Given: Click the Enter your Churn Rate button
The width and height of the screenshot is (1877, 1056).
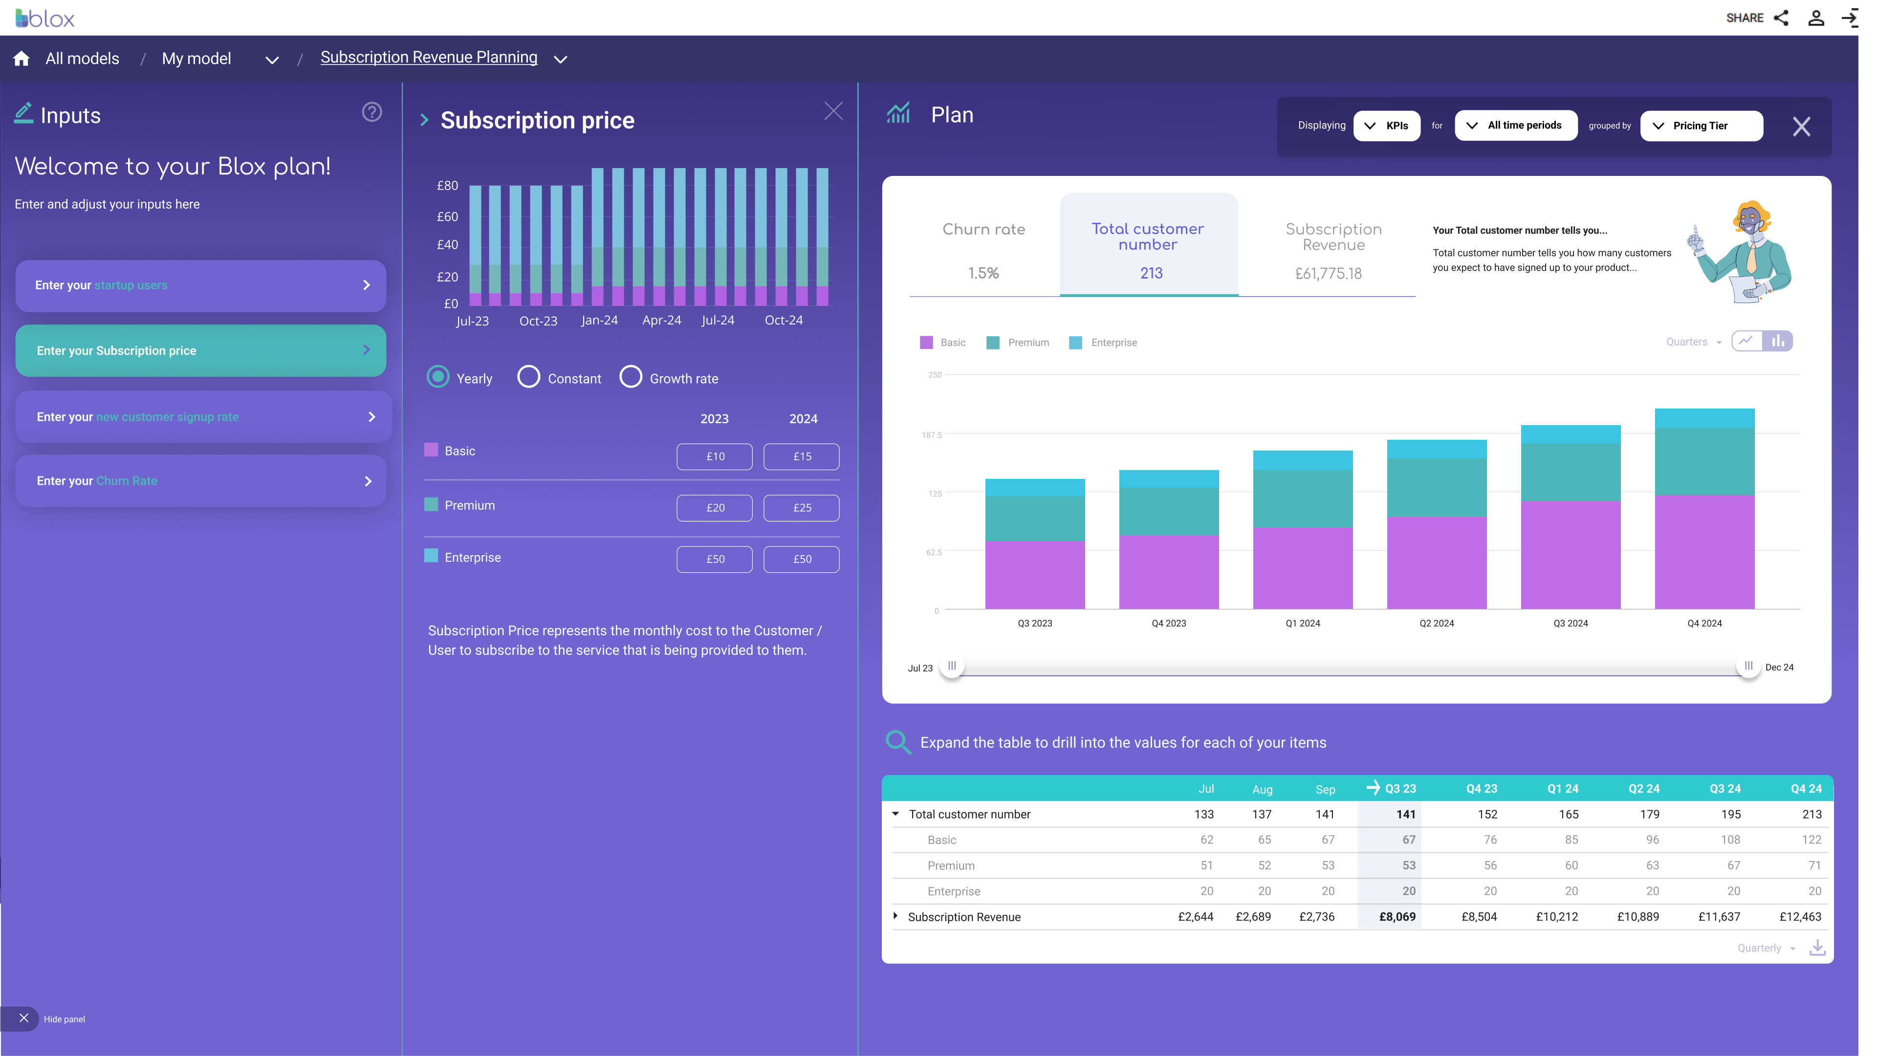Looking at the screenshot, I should [x=200, y=481].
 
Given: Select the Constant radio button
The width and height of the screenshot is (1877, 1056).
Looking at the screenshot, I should [x=529, y=377].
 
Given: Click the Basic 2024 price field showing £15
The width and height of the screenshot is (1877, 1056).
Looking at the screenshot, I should [x=802, y=456].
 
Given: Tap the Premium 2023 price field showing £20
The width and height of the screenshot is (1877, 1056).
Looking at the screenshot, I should [x=714, y=508].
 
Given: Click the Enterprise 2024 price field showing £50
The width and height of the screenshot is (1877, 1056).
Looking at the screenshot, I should [x=802, y=560].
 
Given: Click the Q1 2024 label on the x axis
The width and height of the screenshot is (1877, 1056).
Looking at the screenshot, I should [x=1302, y=624].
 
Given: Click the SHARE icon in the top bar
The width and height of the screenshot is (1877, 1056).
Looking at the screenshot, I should [x=1781, y=18].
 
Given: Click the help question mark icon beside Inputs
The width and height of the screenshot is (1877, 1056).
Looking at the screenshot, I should [x=371, y=112].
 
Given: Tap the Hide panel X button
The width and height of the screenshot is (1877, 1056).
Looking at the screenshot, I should [x=23, y=1018].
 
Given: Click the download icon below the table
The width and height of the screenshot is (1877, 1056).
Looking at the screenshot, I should [x=1817, y=948].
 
